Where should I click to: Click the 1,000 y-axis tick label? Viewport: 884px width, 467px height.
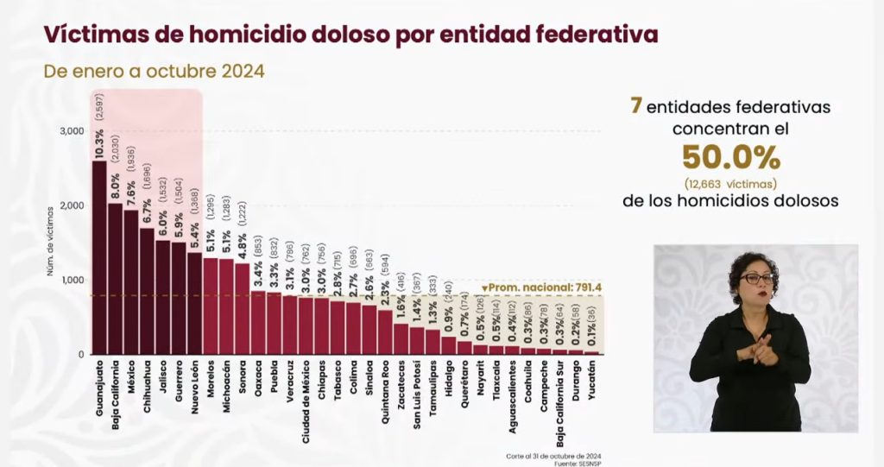pos(72,281)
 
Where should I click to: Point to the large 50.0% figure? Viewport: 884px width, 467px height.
pos(731,158)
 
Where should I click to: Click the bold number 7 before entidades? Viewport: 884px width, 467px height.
pos(635,106)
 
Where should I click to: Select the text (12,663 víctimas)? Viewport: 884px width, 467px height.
pos(731,183)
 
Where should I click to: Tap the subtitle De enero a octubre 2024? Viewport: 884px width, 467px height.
pos(154,70)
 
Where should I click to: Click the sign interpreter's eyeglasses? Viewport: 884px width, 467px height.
pos(757,279)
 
